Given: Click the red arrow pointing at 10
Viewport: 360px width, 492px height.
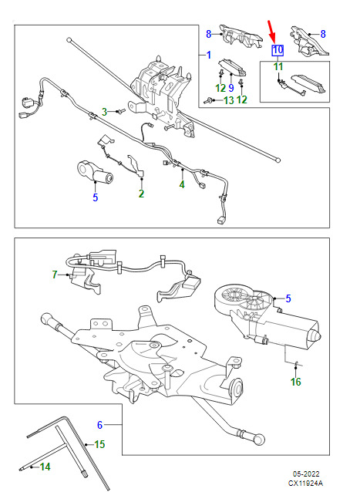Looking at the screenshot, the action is click(x=272, y=32).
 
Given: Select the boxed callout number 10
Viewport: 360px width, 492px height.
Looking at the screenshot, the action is click(x=278, y=50).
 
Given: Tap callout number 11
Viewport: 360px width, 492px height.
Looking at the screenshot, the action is click(x=278, y=66).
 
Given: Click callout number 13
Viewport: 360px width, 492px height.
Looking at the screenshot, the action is click(x=229, y=100).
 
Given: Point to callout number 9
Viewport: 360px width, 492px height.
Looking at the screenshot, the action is click(x=231, y=88).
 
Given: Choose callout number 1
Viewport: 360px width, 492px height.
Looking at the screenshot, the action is click(x=209, y=55).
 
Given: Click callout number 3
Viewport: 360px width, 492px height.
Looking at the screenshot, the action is click(x=104, y=111).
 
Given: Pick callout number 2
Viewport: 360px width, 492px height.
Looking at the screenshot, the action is click(x=141, y=194).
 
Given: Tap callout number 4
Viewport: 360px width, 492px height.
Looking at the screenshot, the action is click(x=182, y=184).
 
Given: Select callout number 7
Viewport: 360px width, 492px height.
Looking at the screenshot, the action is click(x=55, y=275).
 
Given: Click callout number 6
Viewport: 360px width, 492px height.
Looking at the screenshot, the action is click(x=99, y=425).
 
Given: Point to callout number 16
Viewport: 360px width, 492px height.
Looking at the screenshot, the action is click(x=296, y=382).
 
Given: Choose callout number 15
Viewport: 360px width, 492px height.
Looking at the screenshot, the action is click(x=99, y=444).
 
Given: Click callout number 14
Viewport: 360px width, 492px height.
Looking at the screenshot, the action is click(x=45, y=467).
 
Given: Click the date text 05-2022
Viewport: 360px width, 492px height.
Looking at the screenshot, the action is click(x=306, y=473).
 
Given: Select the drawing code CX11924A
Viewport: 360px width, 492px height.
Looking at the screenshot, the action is click(x=306, y=484).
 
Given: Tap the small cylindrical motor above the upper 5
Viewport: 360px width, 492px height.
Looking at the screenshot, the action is click(x=96, y=172).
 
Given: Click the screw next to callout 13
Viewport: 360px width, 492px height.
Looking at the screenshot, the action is click(x=207, y=101).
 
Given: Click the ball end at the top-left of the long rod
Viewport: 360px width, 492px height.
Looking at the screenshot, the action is click(x=69, y=40).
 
